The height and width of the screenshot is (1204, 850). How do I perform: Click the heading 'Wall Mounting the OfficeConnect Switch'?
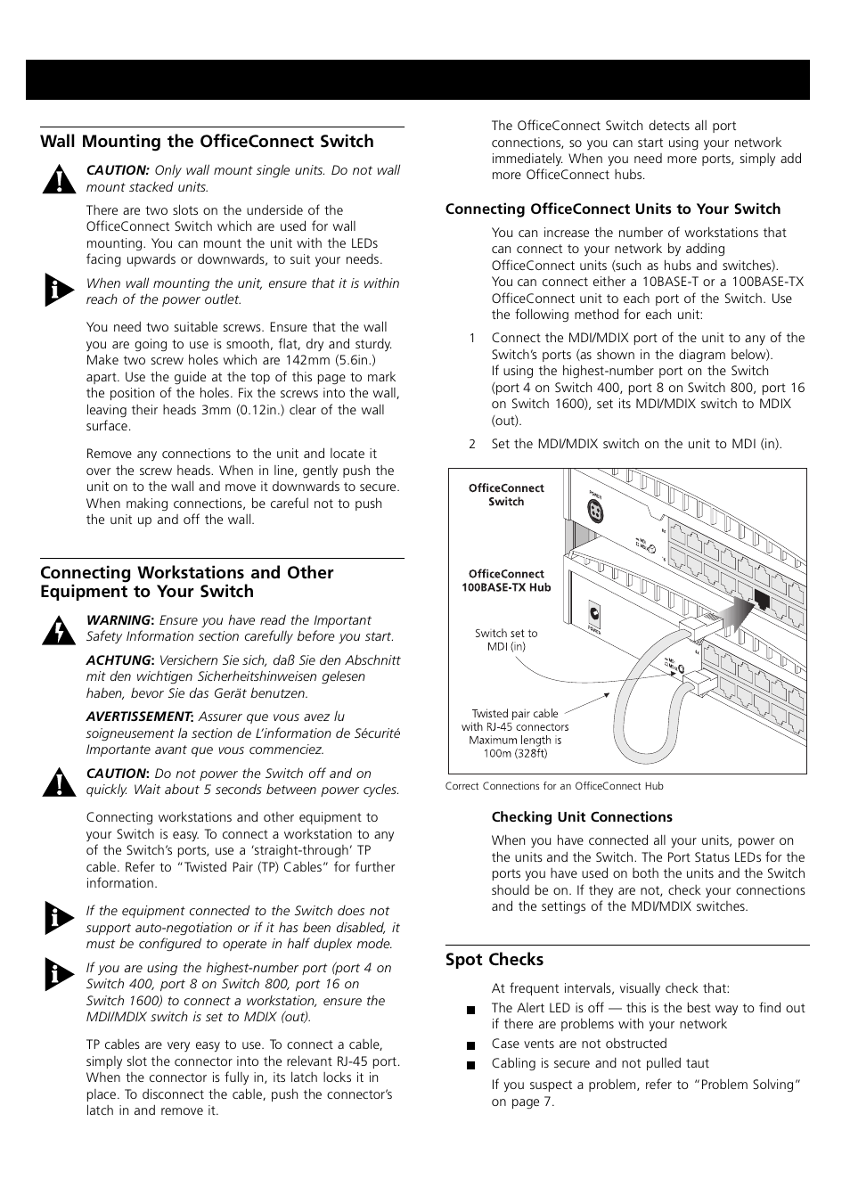[207, 142]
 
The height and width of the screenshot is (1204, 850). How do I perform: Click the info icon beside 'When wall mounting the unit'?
[59, 291]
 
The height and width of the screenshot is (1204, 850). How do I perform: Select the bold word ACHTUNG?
[119, 660]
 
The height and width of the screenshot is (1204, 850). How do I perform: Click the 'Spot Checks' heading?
[494, 960]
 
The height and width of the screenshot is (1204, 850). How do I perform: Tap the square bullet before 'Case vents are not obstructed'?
[470, 1045]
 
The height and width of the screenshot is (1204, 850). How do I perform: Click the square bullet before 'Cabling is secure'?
[470, 1065]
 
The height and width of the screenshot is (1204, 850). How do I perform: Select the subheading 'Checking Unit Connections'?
[582, 817]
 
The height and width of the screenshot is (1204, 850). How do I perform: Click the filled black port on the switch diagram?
[763, 599]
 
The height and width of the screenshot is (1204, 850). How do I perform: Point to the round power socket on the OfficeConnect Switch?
[594, 512]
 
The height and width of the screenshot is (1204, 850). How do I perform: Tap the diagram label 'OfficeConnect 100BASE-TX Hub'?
[506, 581]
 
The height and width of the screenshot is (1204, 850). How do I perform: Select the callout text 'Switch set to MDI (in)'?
[506, 640]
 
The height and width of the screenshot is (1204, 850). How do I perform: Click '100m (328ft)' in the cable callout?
[516, 753]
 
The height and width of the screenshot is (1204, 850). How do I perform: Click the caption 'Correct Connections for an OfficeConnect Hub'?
[554, 786]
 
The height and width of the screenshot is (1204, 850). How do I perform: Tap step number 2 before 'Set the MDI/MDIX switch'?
[472, 444]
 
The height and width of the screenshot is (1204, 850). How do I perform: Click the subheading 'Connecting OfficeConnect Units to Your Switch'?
[613, 209]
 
